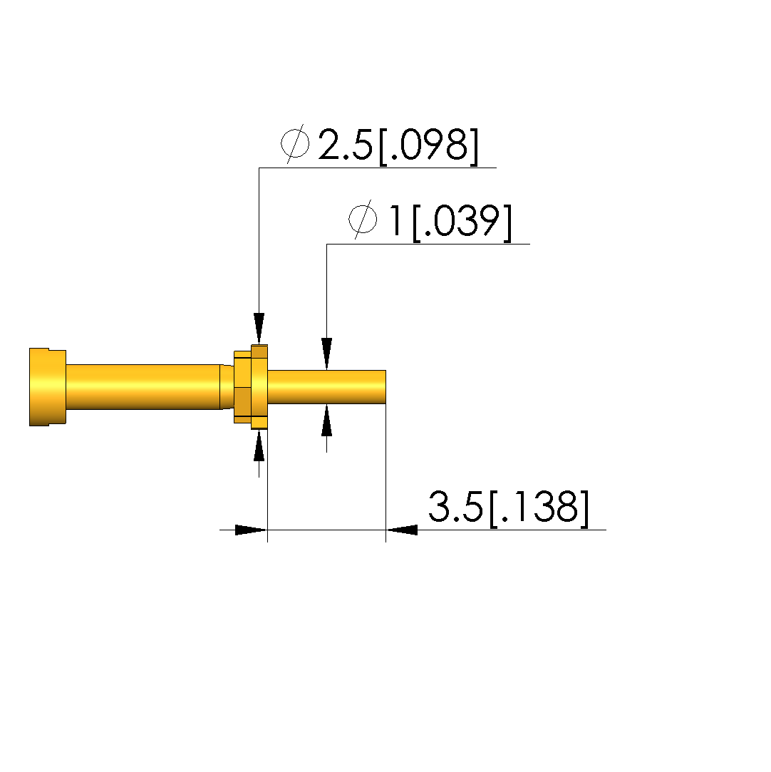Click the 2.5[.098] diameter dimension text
(x=398, y=145)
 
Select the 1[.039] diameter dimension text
(x=450, y=222)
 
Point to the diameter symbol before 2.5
(x=295, y=144)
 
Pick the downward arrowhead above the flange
(x=259, y=329)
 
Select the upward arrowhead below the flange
(x=259, y=446)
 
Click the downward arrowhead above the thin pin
(x=326, y=354)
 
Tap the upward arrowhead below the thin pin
(x=326, y=420)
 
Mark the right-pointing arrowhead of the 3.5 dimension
(x=252, y=530)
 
